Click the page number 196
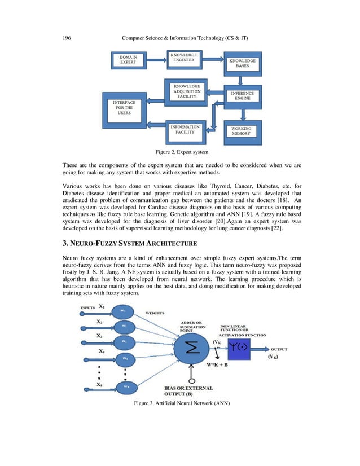click(x=67, y=38)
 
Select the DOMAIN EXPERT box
click(x=128, y=61)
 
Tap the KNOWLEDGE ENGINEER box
click(x=184, y=58)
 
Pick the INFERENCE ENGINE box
click(x=242, y=96)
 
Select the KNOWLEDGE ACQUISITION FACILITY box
click(x=186, y=91)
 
